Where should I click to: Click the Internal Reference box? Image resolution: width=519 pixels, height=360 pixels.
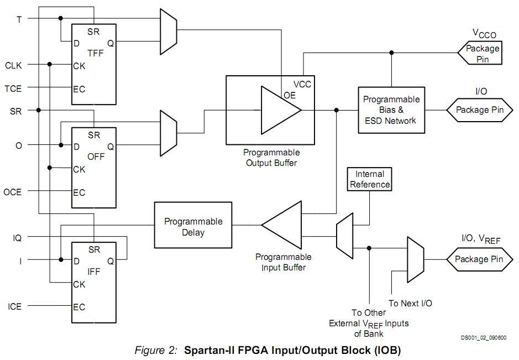pos(369,179)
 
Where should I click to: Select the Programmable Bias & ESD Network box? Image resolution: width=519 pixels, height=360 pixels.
pos(391,110)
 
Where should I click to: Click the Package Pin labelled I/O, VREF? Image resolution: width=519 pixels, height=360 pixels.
pos(478,259)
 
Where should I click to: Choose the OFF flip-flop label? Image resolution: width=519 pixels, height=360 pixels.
pos(95,157)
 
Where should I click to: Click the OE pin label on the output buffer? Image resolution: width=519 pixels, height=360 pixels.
pos(290,95)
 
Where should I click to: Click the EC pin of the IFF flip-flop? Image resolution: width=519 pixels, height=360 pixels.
pos(79,307)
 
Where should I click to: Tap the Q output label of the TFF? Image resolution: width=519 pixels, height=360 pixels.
pos(110,42)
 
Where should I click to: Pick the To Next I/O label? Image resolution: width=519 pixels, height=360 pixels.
pos(410,303)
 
